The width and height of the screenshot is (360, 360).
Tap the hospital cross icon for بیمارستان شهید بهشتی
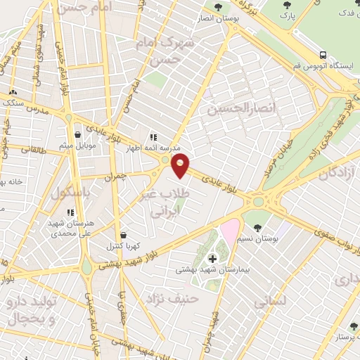213,259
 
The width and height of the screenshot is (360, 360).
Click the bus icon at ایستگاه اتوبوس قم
323,55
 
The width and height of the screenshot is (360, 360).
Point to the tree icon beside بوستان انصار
217,8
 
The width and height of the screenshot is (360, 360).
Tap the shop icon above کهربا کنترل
124,235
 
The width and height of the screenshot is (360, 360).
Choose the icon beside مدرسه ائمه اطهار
153,138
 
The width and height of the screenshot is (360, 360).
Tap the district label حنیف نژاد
163,300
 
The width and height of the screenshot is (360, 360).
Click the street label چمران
124,177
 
